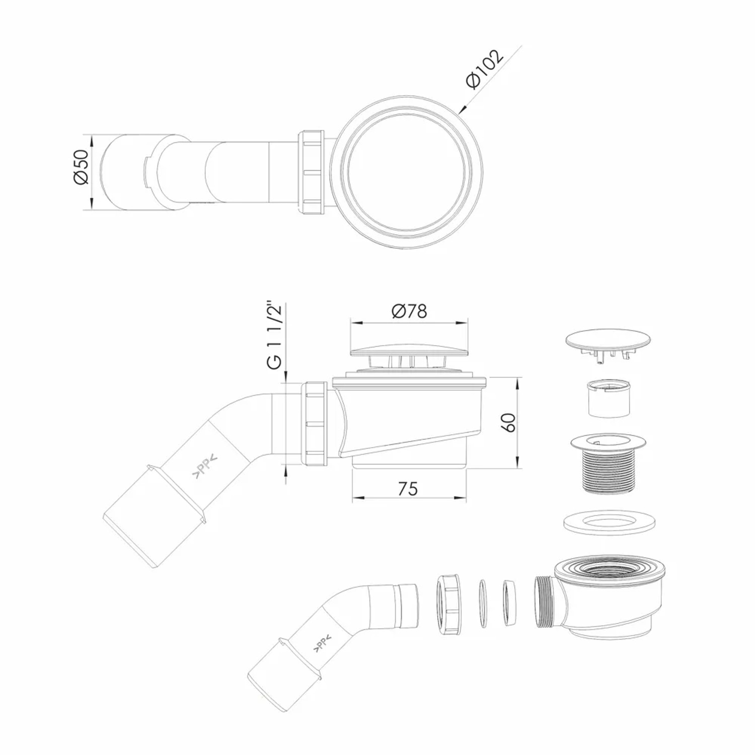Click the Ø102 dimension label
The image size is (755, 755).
point(484,69)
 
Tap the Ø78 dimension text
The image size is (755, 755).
point(409,312)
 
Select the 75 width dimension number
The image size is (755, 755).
point(408,488)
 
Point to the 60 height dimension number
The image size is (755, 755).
point(509,422)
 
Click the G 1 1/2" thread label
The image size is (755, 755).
point(274,336)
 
